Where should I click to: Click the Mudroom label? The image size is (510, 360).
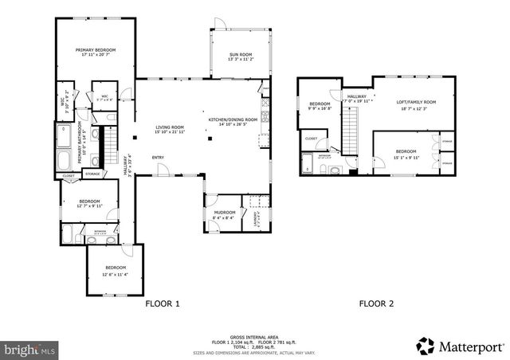[225, 213]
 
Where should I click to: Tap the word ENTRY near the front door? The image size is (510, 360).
[159, 157]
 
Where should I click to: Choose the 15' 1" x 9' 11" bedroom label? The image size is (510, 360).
[406, 154]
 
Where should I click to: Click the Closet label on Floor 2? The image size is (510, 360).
[311, 139]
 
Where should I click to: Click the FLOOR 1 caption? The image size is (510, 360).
[163, 303]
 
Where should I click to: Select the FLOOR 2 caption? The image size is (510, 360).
[376, 303]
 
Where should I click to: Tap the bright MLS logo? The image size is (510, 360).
[30, 349]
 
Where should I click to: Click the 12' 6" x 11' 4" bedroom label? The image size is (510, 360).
[115, 271]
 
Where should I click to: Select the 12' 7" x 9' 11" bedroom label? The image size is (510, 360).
[88, 204]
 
